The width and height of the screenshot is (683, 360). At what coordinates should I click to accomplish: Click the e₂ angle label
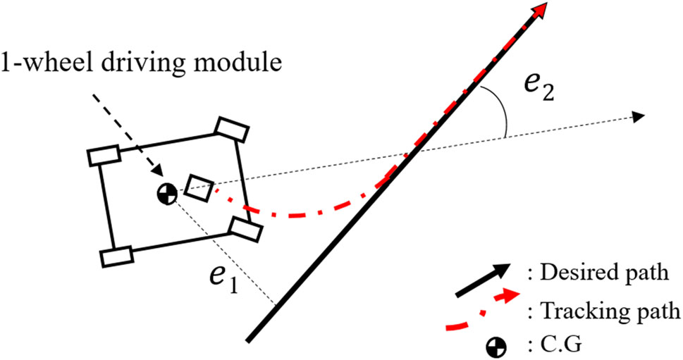(x=539, y=88)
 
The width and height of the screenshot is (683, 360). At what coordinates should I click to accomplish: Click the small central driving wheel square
(x=199, y=188)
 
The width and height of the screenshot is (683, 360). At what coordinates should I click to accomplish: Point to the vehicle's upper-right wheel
(x=233, y=129)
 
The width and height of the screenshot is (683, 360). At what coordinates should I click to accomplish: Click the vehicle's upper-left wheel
(x=104, y=156)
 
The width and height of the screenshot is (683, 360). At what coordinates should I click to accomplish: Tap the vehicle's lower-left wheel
(x=117, y=256)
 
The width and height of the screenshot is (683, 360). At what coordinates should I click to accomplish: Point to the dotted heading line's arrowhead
(x=639, y=116)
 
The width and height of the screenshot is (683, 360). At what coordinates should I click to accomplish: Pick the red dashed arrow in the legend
(x=483, y=309)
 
